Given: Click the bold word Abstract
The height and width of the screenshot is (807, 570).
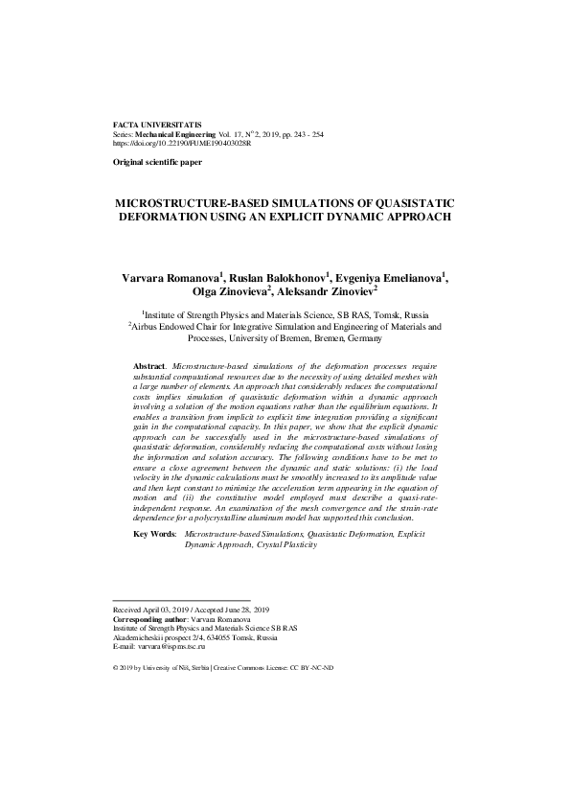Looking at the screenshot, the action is [x=148, y=367].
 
